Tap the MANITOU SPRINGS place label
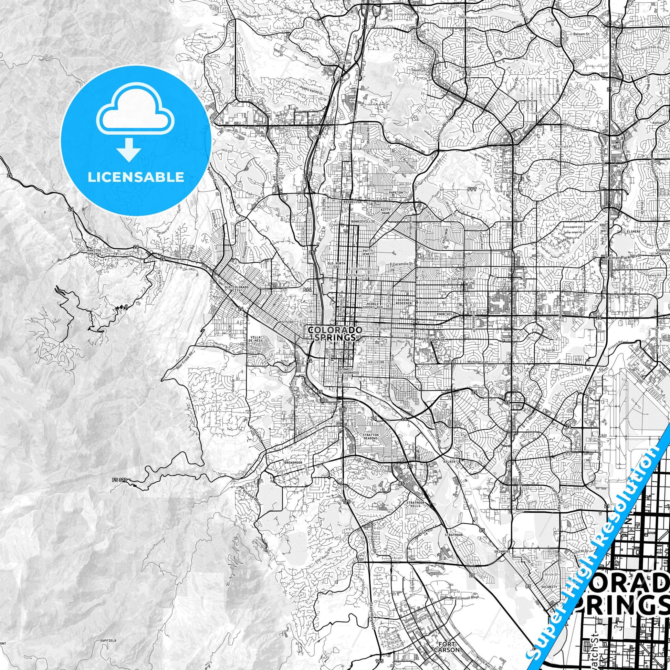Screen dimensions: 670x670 pyautogui.click(x=94, y=251)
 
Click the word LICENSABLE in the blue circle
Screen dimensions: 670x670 pyautogui.click(x=136, y=177)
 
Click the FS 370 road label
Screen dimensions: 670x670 pyautogui.click(x=120, y=480)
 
